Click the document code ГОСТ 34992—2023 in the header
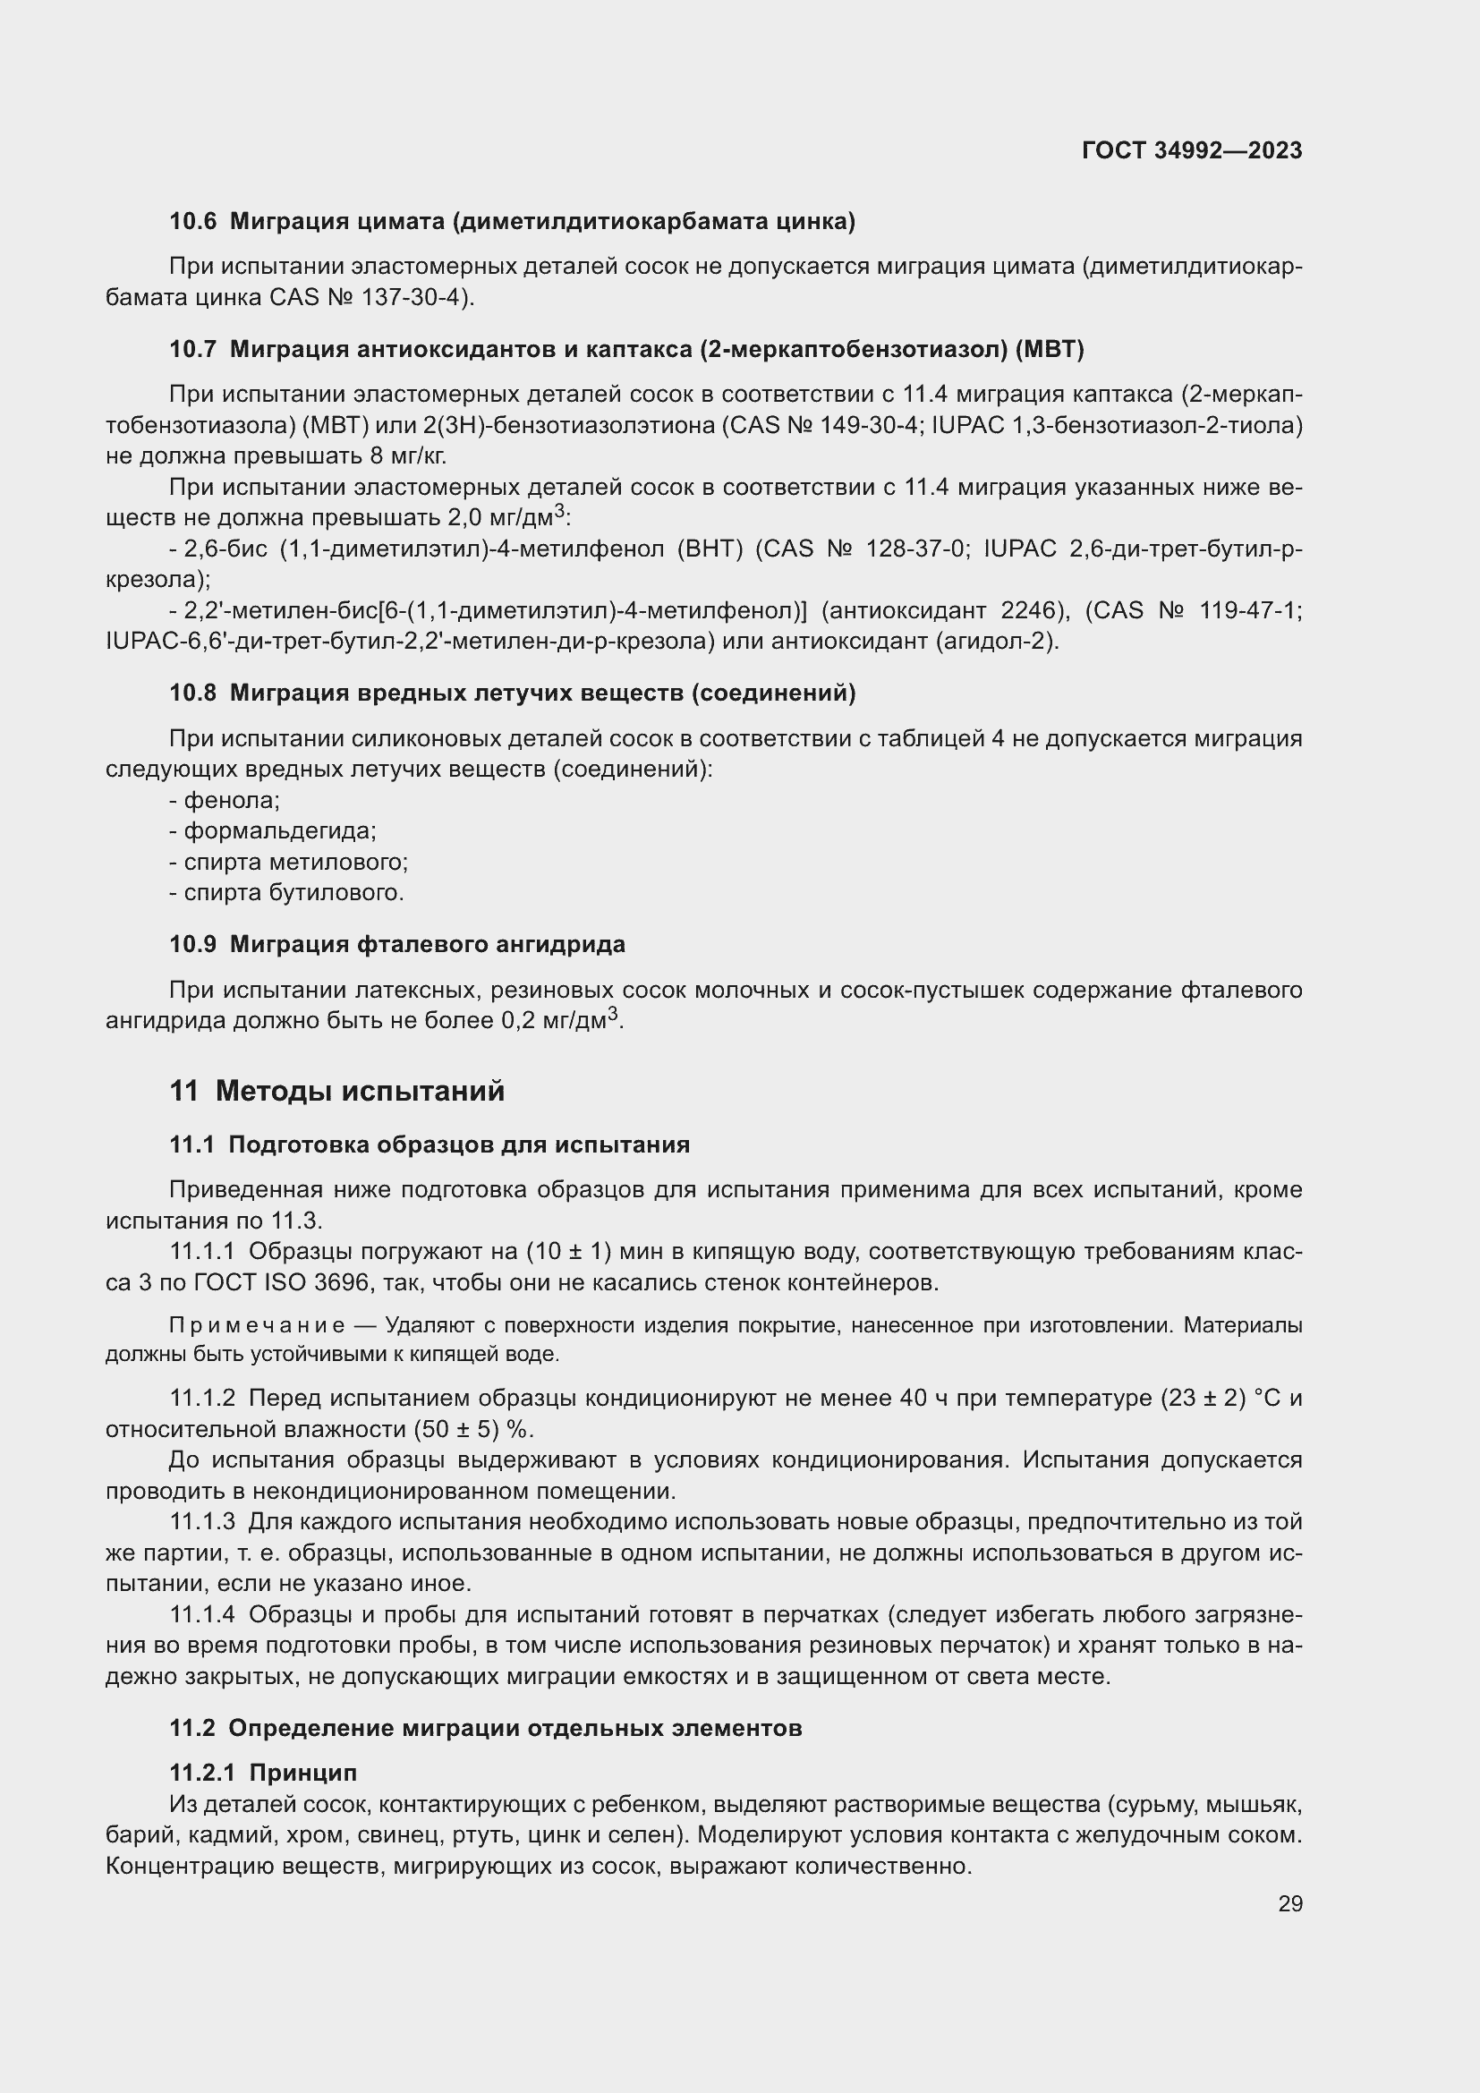[x=1191, y=150]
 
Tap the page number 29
[x=1289, y=1904]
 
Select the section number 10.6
[x=193, y=221]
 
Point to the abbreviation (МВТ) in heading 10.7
[x=1053, y=349]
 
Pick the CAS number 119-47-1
[x=1250, y=610]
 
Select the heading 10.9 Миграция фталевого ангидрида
[x=397, y=944]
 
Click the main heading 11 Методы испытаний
[x=337, y=1091]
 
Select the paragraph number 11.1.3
[x=202, y=1521]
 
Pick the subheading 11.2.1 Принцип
[x=263, y=1773]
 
